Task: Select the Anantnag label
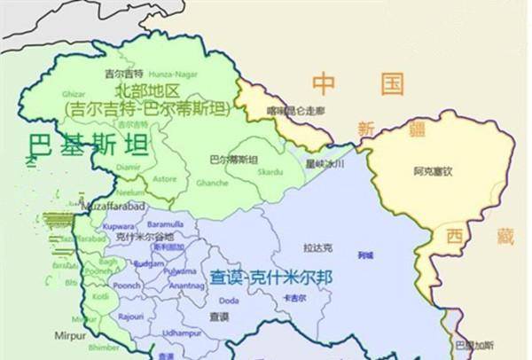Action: (x=187, y=286)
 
